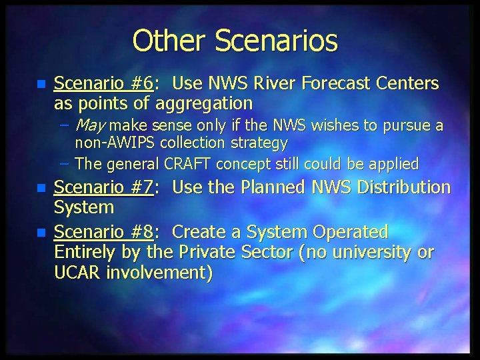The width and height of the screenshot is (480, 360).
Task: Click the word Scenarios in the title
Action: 276,41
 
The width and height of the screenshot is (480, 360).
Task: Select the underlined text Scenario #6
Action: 103,83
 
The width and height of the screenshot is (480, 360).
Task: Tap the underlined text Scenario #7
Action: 103,187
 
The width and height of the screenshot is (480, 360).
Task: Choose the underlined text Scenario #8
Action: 103,232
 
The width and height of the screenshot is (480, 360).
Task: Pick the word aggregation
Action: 204,103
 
